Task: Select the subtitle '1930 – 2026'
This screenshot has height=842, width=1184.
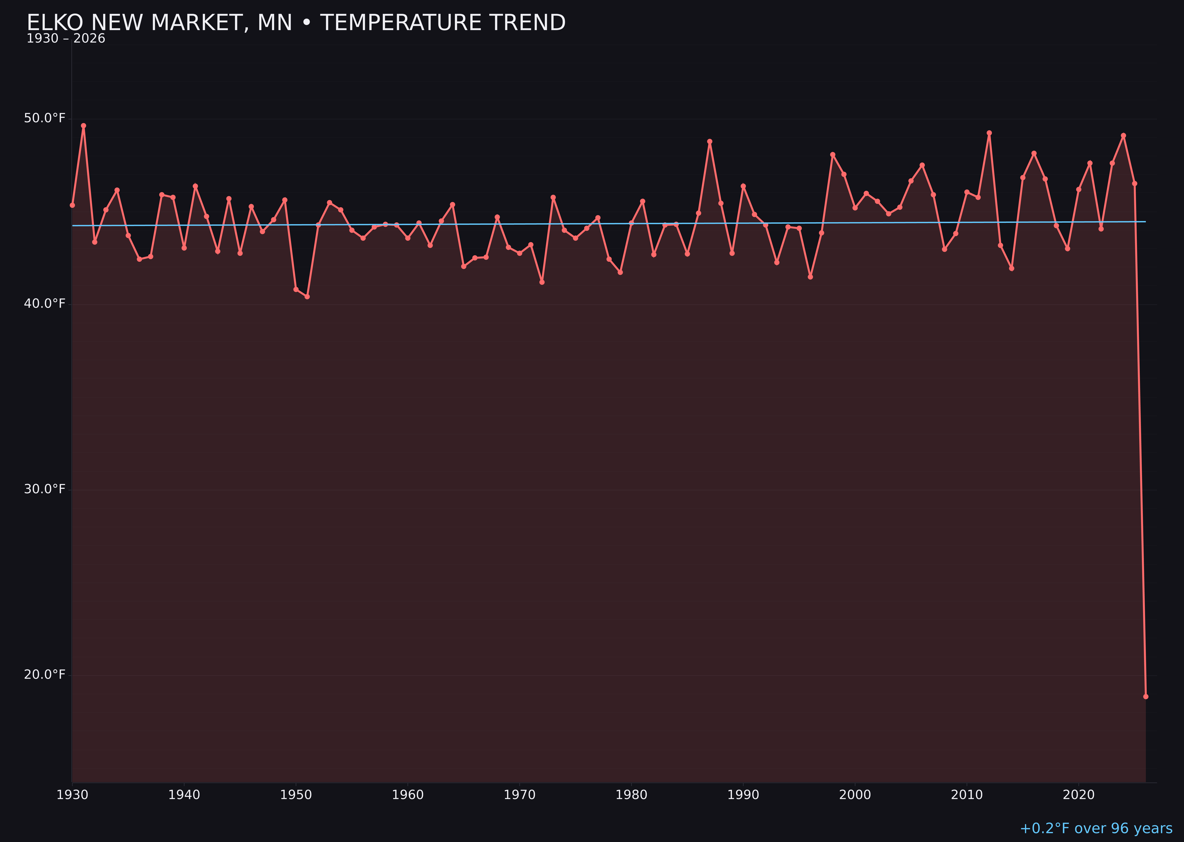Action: coord(66,39)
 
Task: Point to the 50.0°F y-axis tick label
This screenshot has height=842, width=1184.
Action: coord(45,118)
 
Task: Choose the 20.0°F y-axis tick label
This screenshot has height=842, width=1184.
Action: coord(45,674)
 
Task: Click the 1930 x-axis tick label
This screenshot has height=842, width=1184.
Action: coord(72,795)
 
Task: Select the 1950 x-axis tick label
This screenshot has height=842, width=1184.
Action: coord(296,795)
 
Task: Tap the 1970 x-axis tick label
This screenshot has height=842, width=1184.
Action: coord(519,795)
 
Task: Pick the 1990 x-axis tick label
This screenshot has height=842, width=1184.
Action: coord(743,795)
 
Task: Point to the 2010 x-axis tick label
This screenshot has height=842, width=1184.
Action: coord(967,795)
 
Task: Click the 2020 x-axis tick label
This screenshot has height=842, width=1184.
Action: coord(1079,795)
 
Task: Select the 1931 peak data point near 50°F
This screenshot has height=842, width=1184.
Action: coord(83,126)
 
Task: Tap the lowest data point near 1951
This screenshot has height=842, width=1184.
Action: coord(307,297)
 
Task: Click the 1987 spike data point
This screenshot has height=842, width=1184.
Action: coord(710,142)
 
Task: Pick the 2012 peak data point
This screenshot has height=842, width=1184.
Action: coord(989,133)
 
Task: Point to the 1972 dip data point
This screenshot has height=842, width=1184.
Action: coord(542,282)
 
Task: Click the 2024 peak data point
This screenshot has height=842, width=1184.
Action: coord(1123,135)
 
